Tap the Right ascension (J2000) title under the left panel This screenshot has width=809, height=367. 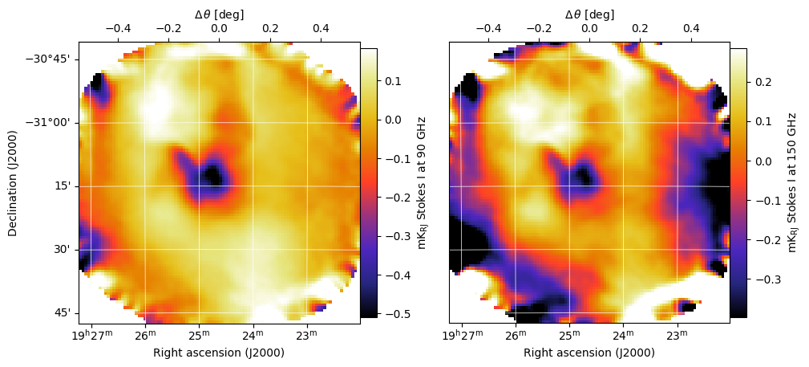tap(219, 352)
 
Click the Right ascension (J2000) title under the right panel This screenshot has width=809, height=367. tap(589, 352)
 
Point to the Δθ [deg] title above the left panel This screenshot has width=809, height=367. tap(219, 14)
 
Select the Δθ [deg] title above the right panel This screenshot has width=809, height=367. tap(589, 14)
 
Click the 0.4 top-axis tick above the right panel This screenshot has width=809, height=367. tap(691, 28)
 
